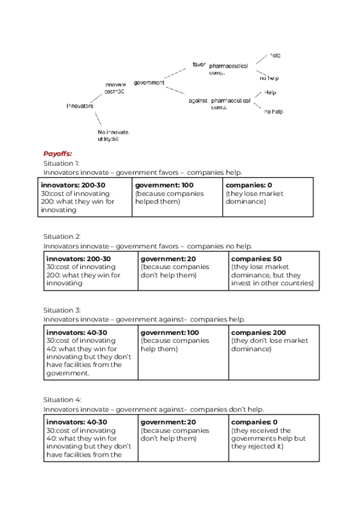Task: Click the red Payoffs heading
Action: pos(58,154)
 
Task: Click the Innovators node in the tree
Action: pos(80,106)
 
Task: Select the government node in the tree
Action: pos(149,82)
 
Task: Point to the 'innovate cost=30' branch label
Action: pos(115,88)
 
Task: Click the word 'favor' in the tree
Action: pos(199,64)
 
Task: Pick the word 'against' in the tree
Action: pos(197,101)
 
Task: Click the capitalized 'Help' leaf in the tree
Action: pos(270,93)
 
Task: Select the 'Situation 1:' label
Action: pos(61,163)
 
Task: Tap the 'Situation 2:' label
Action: pos(62,236)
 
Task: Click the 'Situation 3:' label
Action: pos(62,310)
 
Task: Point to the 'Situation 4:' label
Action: pos(62,399)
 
